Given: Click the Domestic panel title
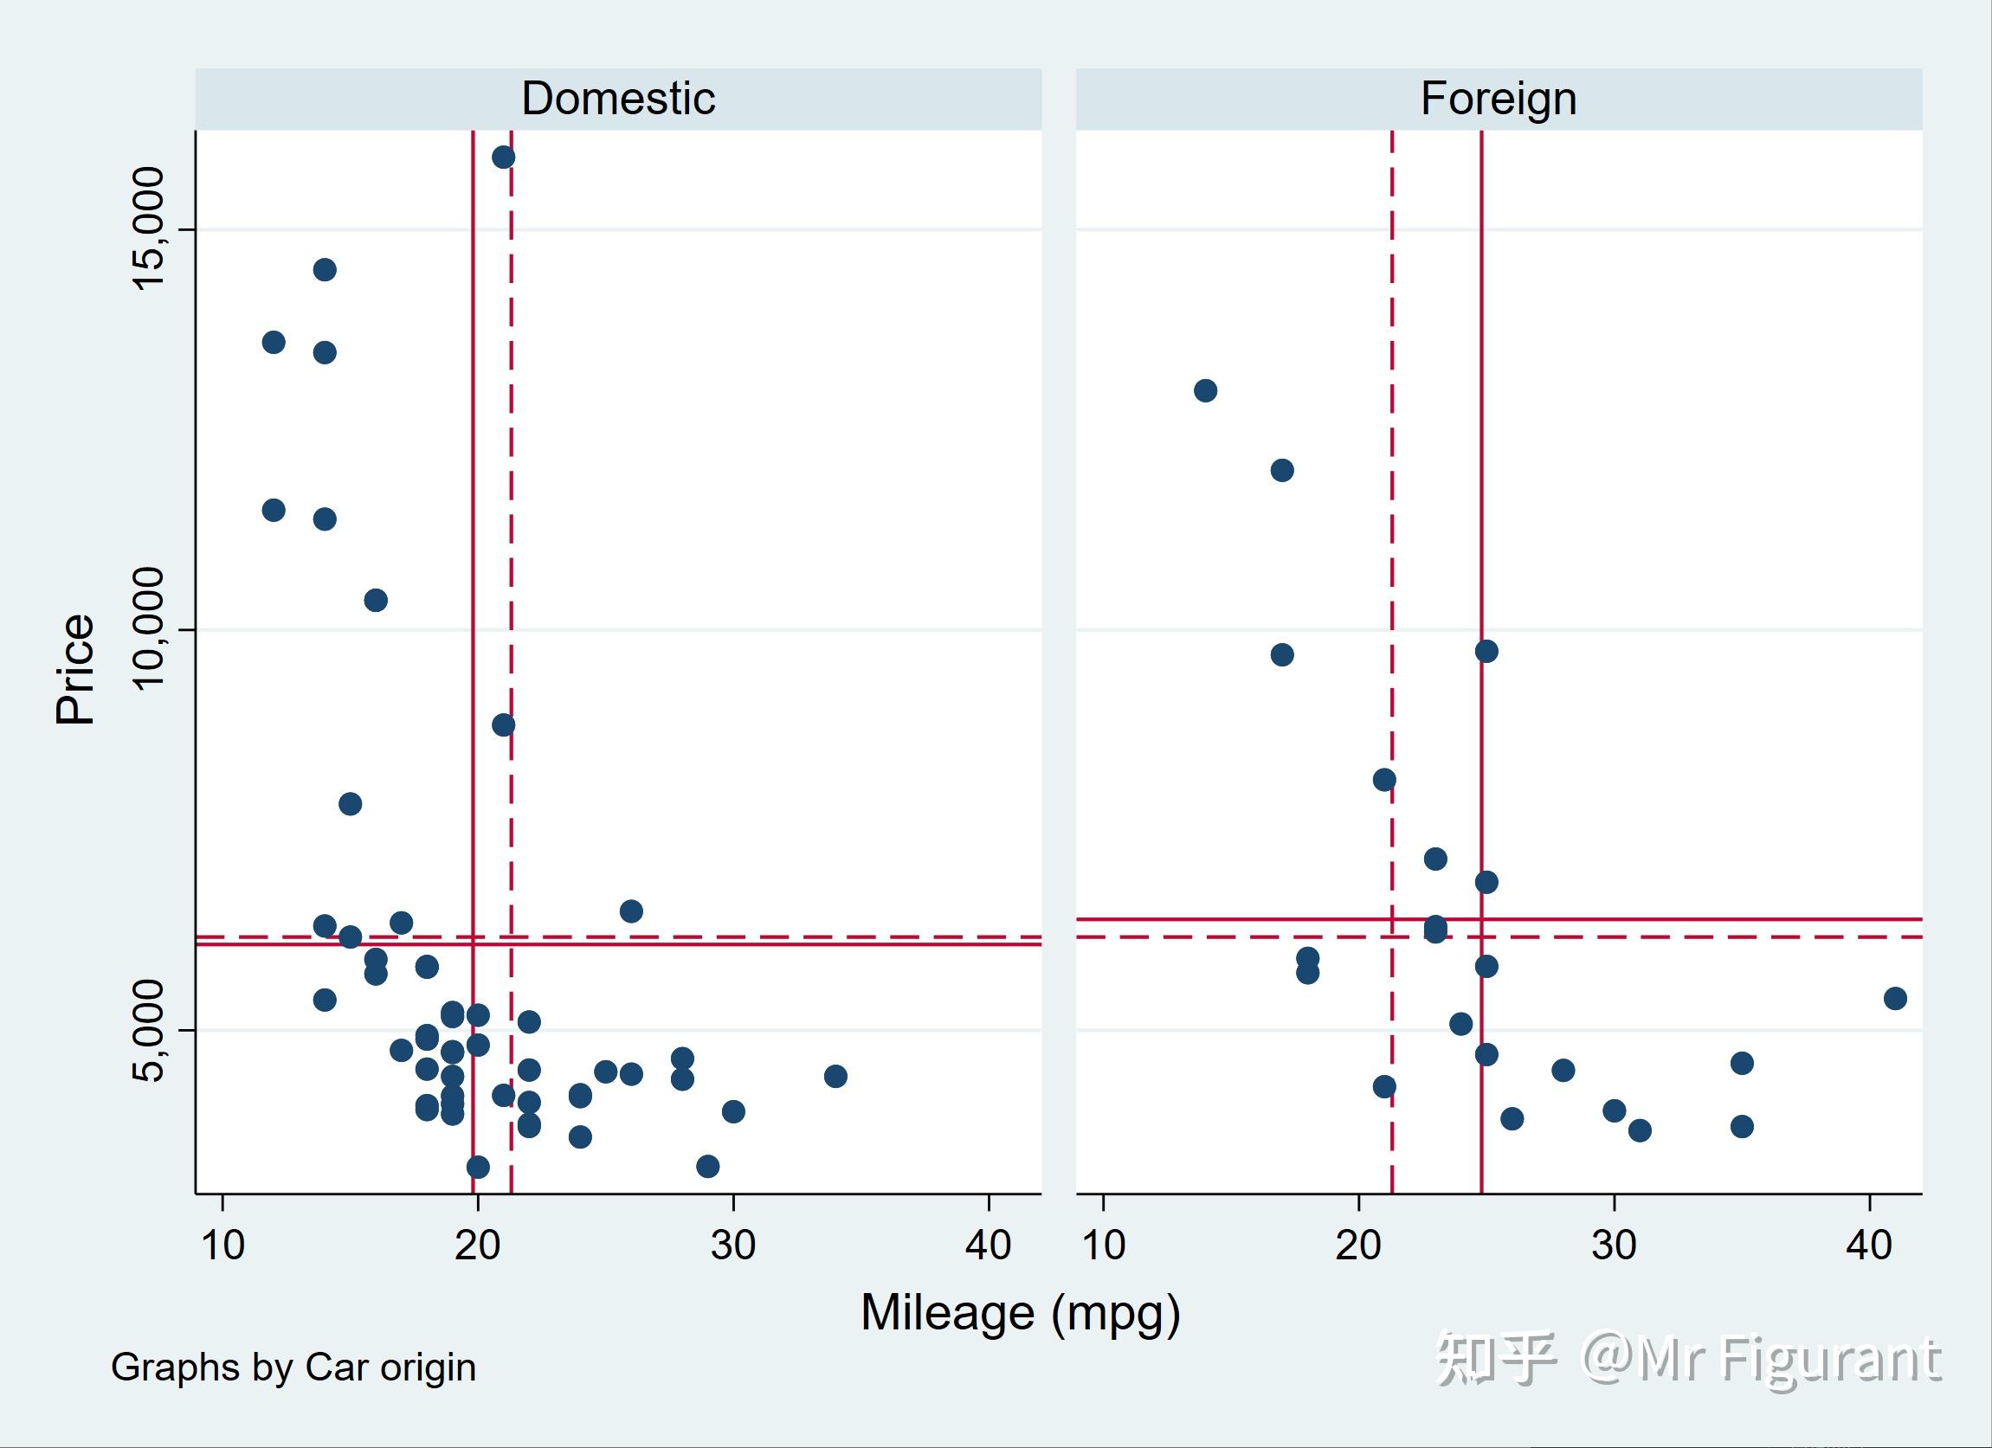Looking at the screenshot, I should click(x=617, y=99).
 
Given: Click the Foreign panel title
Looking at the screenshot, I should click(x=1498, y=99).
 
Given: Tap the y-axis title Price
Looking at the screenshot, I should click(x=75, y=669).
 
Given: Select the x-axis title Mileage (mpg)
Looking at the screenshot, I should click(x=1020, y=1313).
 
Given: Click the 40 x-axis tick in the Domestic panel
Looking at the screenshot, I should click(x=988, y=1245).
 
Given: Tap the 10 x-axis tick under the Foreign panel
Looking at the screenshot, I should click(x=1103, y=1245).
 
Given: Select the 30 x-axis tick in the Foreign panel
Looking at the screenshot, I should click(x=1614, y=1245).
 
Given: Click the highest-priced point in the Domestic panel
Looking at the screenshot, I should click(x=503, y=158).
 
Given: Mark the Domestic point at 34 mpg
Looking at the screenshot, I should click(x=835, y=1076).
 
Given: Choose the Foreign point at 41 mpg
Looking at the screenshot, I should click(x=1894, y=998).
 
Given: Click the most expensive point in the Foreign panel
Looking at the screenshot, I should click(x=1205, y=389).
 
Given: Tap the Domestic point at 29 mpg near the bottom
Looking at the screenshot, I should click(x=707, y=1166).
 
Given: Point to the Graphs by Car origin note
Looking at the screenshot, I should click(x=293, y=1368).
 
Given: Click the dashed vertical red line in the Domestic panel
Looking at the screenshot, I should click(x=511, y=527).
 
